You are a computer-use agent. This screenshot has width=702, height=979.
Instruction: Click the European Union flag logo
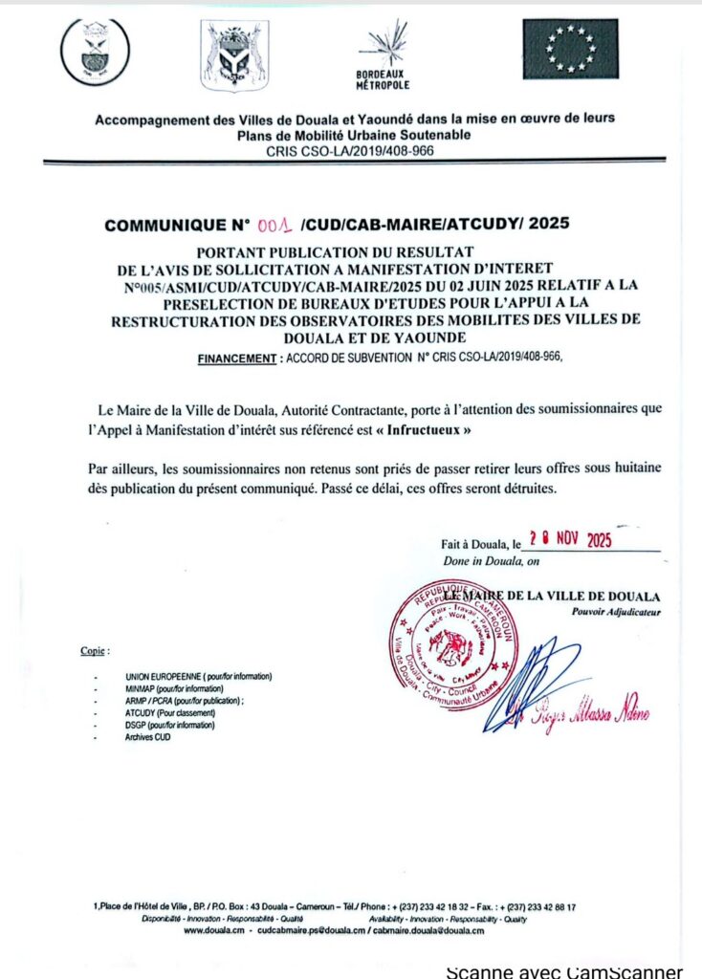click(x=570, y=49)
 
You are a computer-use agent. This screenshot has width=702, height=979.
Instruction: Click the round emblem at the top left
click(x=95, y=52)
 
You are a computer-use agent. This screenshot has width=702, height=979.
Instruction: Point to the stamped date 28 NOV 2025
click(x=570, y=539)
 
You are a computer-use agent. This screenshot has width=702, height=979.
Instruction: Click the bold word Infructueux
click(x=431, y=430)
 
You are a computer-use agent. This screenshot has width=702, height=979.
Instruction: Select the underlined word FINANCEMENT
click(x=236, y=358)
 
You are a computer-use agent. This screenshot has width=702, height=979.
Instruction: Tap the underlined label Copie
click(x=95, y=651)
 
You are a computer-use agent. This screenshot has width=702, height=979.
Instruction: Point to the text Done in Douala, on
click(x=491, y=562)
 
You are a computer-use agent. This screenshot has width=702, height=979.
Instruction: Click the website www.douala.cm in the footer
click(x=216, y=930)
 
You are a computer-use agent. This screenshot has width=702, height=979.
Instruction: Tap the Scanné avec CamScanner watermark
click(x=564, y=970)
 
